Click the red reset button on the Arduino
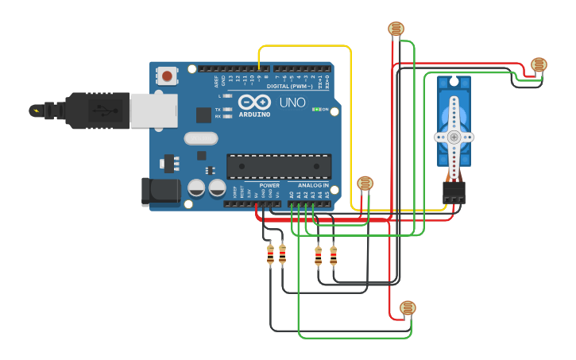coord(167,75)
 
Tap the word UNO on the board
coord(292,103)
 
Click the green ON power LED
coord(317,109)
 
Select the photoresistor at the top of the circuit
coord(396,29)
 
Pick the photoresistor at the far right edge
coord(539,64)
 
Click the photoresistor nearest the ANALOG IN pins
coord(365,184)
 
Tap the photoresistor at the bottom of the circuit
coord(408,308)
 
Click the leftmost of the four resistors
coord(270,254)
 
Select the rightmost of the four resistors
coord(333,255)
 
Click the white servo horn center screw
coord(454,137)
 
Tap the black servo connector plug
coord(454,192)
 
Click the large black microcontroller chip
coord(279,166)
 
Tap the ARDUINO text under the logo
coord(254,114)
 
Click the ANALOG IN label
coord(315,185)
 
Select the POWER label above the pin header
coord(269,185)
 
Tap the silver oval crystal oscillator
coord(201,138)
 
